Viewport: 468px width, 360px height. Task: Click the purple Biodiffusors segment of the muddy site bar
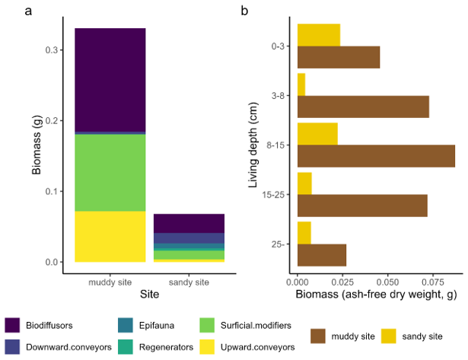pyautogui.click(x=110, y=80)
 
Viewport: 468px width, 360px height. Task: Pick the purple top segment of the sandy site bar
pyautogui.click(x=189, y=223)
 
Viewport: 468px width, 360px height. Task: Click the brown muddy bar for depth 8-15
pyautogui.click(x=376, y=155)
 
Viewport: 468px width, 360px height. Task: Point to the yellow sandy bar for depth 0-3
pyautogui.click(x=318, y=35)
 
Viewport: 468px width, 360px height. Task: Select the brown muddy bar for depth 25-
pyautogui.click(x=321, y=255)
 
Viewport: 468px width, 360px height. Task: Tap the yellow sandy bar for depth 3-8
pyautogui.click(x=301, y=84)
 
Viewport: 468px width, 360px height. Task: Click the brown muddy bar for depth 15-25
pyautogui.click(x=362, y=205)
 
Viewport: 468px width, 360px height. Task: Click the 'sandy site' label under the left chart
pyautogui.click(x=189, y=282)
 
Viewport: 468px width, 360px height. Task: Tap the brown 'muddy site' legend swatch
pyautogui.click(x=318, y=335)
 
